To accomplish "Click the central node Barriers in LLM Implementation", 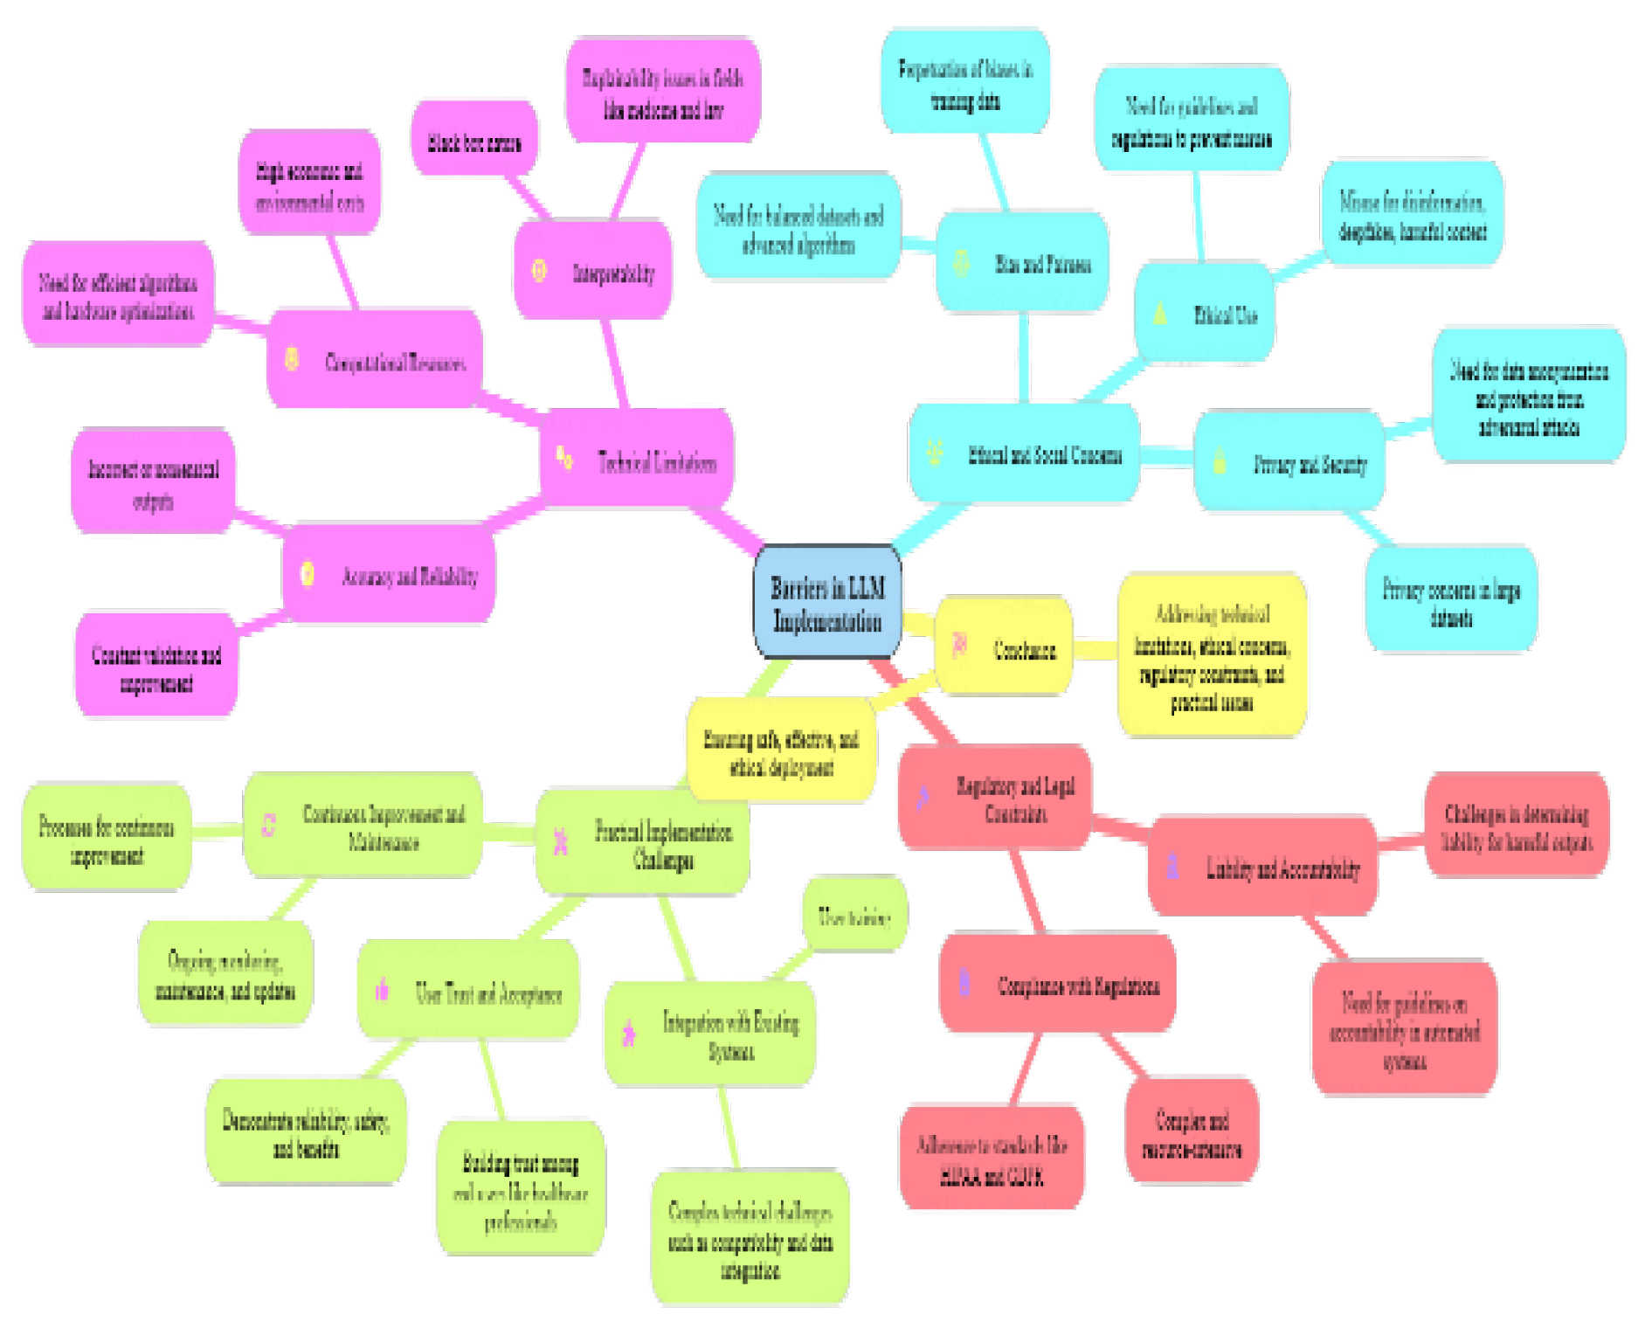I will point(826,603).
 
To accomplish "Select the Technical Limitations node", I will point(637,460).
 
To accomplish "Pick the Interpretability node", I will point(593,272).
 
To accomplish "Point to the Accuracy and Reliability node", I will point(390,575).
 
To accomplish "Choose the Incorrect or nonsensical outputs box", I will point(153,483).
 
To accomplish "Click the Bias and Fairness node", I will point(1022,263).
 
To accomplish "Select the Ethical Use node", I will point(1204,314).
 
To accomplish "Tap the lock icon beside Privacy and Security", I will point(1220,460).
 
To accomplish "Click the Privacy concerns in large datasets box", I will point(1451,601).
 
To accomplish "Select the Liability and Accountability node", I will point(1263,868).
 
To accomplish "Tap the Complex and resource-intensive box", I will point(1192,1133).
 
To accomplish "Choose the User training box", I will point(854,916).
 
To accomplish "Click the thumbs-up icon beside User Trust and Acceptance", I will point(382,990).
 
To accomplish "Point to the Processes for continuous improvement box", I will point(107,840).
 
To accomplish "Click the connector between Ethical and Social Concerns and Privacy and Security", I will point(1166,456).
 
